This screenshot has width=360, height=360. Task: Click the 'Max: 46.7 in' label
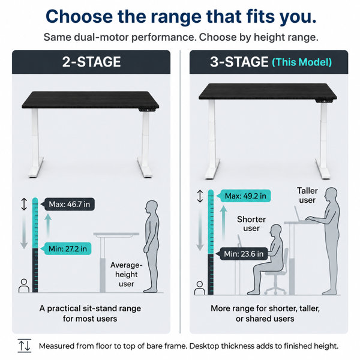click(x=69, y=204)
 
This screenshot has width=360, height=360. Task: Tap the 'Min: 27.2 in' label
click(x=67, y=248)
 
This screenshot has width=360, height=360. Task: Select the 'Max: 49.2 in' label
click(x=245, y=196)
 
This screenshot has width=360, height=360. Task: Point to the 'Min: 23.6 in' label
click(x=244, y=254)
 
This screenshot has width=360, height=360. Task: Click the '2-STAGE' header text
click(x=91, y=62)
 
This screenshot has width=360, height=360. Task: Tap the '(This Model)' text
click(x=302, y=62)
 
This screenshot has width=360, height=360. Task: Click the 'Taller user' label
click(x=307, y=196)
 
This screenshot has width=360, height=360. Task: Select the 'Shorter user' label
click(x=251, y=224)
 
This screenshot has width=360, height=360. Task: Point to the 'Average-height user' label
click(x=126, y=275)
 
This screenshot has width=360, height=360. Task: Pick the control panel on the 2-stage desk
click(x=147, y=110)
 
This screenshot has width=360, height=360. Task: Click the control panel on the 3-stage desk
click(x=324, y=101)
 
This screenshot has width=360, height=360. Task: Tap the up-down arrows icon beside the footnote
click(x=25, y=346)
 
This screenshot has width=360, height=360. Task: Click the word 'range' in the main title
click(x=176, y=17)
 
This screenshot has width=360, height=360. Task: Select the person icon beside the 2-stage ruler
click(x=24, y=286)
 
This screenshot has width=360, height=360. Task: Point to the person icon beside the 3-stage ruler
click(x=200, y=288)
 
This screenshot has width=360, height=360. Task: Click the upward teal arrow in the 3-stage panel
click(x=223, y=222)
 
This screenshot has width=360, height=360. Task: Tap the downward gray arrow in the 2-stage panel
click(x=24, y=232)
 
